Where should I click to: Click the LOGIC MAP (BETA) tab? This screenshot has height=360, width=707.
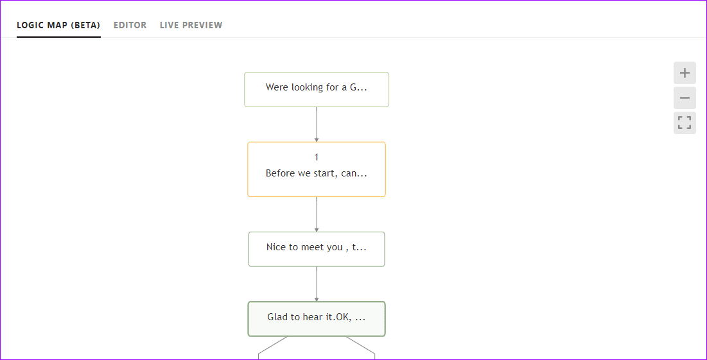coord(58,25)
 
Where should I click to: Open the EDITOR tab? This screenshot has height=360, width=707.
coord(130,25)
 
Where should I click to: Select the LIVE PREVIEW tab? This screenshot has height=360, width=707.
coord(191,25)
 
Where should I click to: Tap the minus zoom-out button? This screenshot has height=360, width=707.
coord(685,98)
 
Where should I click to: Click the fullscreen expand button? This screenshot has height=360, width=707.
coord(685,123)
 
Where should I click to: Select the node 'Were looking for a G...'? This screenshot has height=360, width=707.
coord(317,90)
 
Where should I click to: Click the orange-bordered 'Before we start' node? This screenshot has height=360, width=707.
coord(317,169)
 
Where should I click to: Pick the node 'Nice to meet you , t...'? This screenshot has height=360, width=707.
coord(317,249)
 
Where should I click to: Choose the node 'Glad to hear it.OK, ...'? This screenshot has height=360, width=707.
coord(317,319)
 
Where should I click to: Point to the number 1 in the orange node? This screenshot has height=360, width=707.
coord(317,157)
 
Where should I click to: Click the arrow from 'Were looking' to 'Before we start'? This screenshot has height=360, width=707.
coord(317,124)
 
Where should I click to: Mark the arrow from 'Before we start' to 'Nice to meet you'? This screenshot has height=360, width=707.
coord(317,214)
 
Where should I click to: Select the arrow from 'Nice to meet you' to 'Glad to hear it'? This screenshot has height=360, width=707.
coord(317,284)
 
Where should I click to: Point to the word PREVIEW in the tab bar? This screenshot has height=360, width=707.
coord(202,25)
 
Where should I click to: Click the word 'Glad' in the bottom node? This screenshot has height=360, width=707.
coord(277,317)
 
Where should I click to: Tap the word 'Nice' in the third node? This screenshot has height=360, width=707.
coord(276,247)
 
